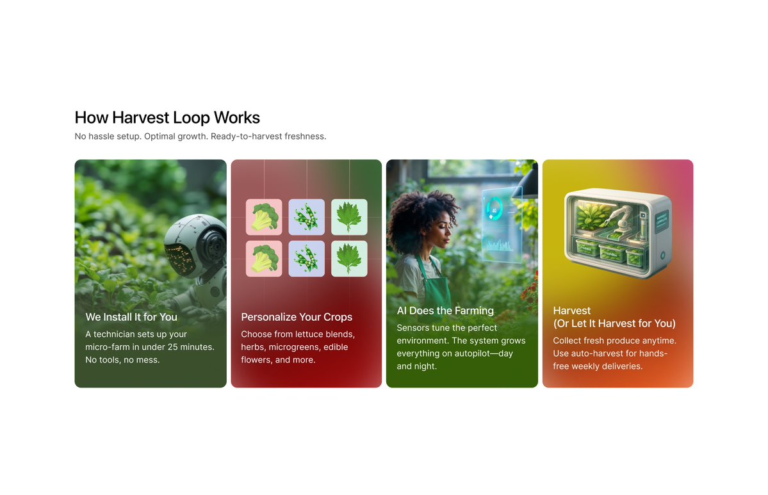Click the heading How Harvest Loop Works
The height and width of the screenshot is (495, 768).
click(167, 118)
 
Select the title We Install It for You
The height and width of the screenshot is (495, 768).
click(131, 317)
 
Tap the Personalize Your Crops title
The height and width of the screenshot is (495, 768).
click(297, 317)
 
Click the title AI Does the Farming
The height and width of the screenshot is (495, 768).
click(445, 311)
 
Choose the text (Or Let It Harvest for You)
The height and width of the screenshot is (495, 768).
click(614, 323)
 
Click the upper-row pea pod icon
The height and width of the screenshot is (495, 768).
click(306, 217)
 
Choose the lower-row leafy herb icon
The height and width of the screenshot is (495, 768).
click(349, 259)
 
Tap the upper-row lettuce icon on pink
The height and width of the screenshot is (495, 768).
click(264, 217)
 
